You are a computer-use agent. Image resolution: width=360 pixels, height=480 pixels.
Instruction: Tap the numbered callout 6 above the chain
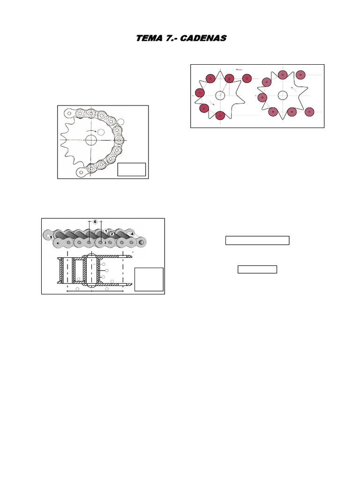95,222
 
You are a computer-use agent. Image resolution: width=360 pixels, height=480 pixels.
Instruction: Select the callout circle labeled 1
106,231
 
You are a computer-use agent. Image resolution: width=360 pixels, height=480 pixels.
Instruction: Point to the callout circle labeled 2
112,234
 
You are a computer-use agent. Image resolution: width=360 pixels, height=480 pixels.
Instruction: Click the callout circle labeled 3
105,242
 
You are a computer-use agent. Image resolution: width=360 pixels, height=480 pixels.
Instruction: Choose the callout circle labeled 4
132,233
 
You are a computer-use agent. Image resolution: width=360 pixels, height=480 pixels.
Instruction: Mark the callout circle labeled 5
51,237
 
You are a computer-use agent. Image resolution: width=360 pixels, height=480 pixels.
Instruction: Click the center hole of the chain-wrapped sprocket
91,140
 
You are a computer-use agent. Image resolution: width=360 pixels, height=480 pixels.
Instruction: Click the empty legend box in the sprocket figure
132,169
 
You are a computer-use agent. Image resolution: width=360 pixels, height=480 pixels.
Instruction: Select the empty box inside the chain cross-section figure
149,279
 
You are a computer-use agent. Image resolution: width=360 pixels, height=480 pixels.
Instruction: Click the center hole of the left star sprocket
220,96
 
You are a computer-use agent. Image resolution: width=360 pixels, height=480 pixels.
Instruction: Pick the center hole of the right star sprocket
282,96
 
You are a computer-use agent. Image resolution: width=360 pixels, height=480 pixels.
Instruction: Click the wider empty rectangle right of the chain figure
257,240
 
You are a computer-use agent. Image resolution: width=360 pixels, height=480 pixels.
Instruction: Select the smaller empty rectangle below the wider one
257,269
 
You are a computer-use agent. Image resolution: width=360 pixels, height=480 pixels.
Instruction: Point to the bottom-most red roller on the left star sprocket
220,115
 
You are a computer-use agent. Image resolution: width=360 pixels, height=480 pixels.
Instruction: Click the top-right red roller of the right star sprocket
300,75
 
